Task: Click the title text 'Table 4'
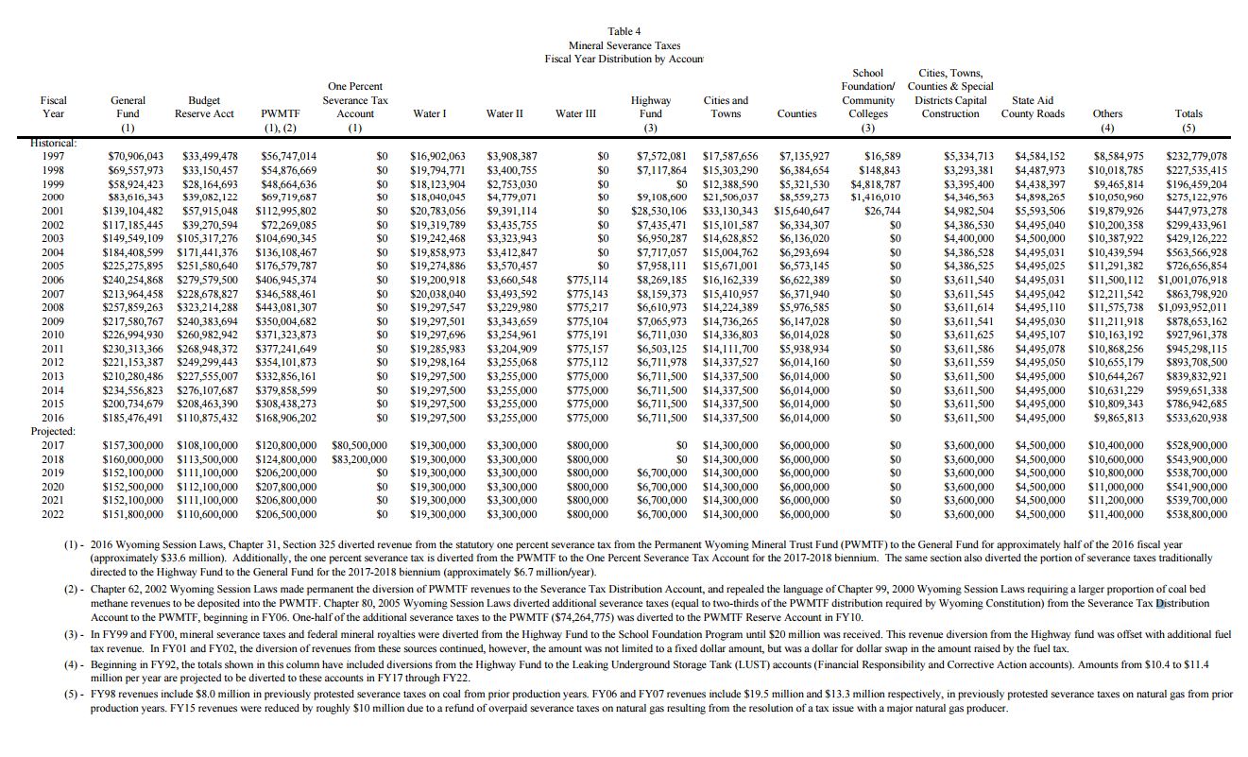click(x=624, y=31)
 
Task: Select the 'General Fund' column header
click(x=128, y=107)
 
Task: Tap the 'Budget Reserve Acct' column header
click(x=204, y=107)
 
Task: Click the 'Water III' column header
click(x=575, y=113)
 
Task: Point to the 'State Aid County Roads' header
click(x=1033, y=107)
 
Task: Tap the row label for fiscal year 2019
click(x=53, y=473)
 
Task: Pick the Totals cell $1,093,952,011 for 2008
click(x=1192, y=307)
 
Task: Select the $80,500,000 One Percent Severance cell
click(x=360, y=445)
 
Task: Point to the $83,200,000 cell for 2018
click(x=360, y=459)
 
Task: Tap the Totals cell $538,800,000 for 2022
click(x=1197, y=514)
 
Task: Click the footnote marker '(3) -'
click(x=73, y=633)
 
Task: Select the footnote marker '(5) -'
click(x=73, y=695)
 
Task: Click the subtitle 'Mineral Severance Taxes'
click(x=624, y=45)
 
